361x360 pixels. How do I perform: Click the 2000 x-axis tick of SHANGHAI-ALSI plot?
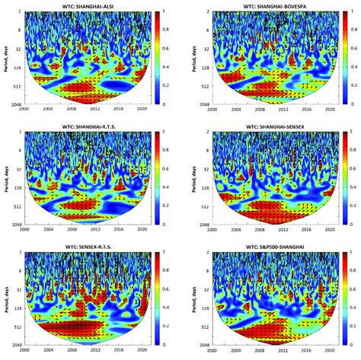click(x=24, y=108)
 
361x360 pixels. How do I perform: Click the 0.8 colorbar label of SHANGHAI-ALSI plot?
click(x=167, y=29)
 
